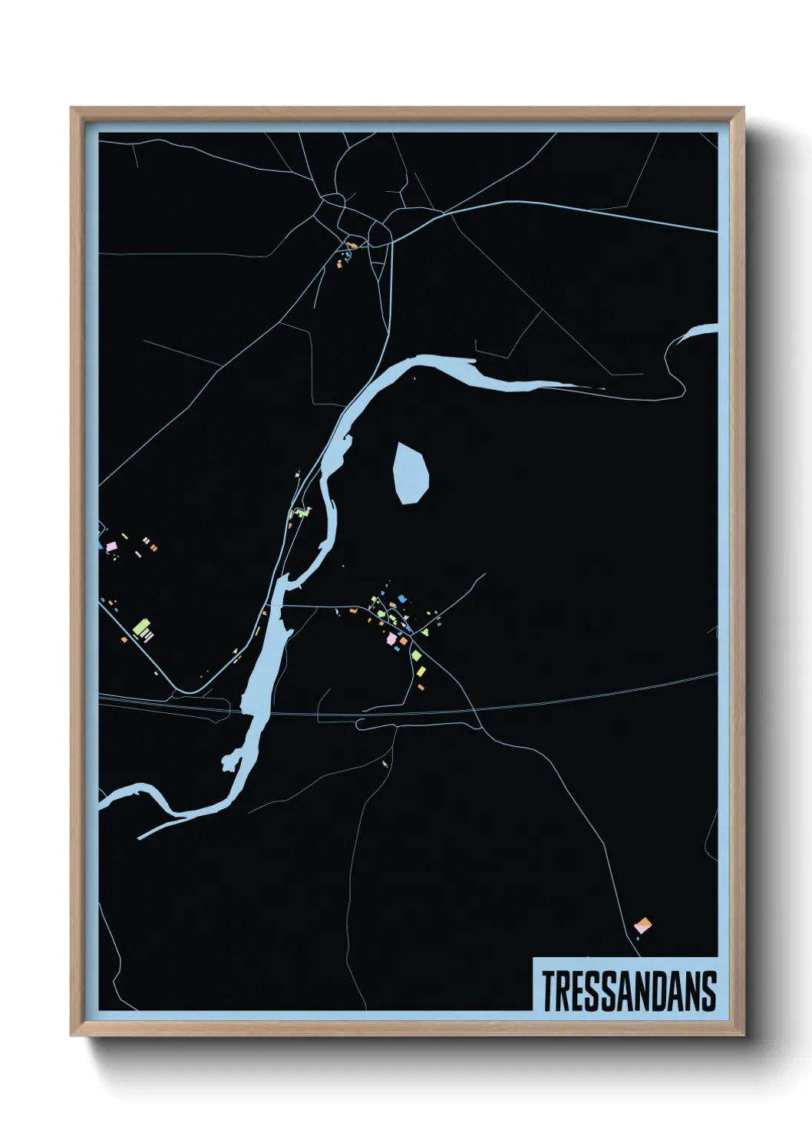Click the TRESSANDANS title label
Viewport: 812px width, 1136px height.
tap(629, 991)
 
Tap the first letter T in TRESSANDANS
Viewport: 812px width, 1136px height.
tap(549, 991)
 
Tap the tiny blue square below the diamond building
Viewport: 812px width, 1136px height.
tap(637, 938)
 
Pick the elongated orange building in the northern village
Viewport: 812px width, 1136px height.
tap(352, 246)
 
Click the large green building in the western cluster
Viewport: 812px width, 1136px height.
tap(140, 629)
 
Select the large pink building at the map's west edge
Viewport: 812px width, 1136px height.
tap(111, 546)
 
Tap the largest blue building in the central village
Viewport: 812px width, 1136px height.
tap(401, 599)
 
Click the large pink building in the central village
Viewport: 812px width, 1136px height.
tap(391, 639)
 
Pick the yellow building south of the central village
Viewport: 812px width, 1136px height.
tap(421, 672)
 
